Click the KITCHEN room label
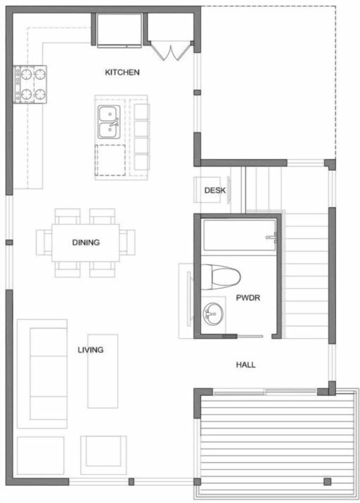(122, 72)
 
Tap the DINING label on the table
(85, 242)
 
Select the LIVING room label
(91, 350)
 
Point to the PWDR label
(248, 297)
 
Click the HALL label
(246, 365)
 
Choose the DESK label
(215, 191)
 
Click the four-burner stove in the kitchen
(30, 84)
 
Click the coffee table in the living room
(103, 371)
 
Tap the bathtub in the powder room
(239, 234)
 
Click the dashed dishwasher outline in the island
(110, 160)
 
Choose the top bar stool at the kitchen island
(142, 112)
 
